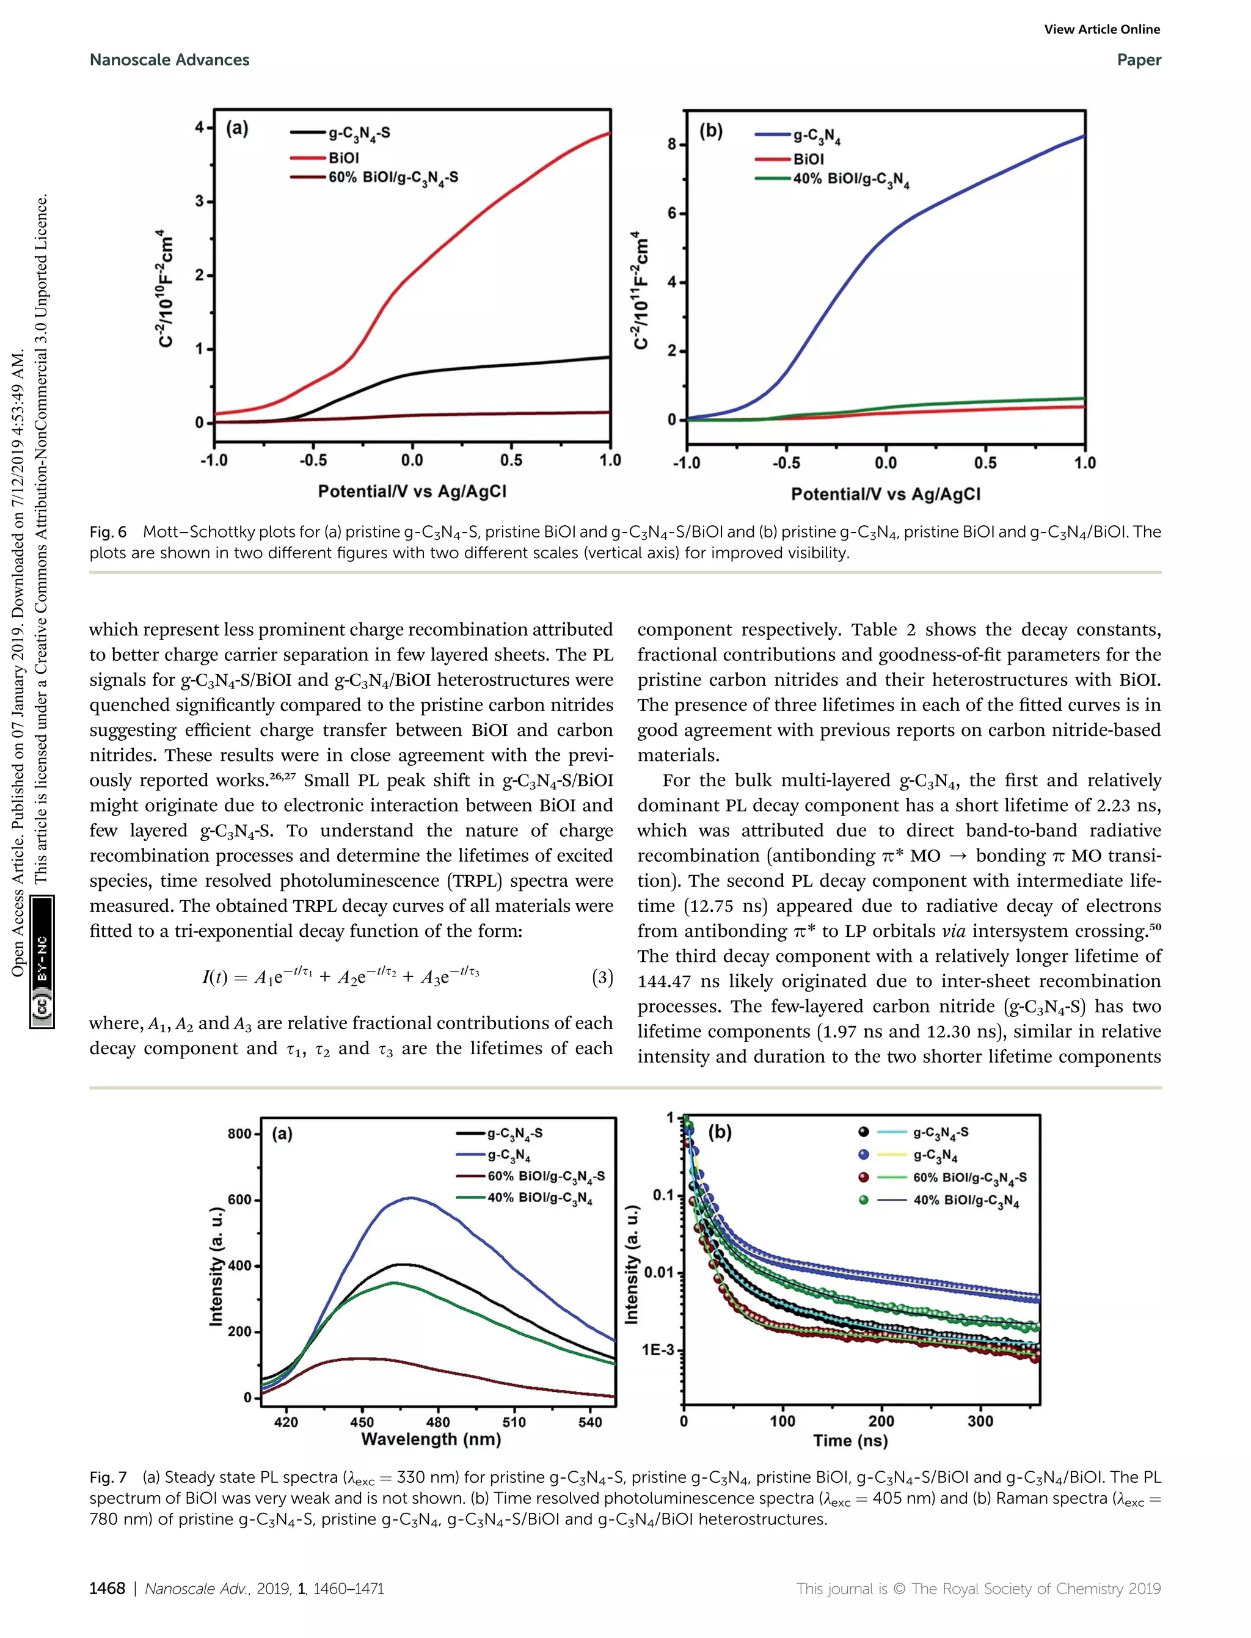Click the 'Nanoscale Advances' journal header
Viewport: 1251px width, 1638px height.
169,60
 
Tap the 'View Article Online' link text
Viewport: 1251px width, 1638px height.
1101,29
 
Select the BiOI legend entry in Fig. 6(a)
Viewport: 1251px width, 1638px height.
343,158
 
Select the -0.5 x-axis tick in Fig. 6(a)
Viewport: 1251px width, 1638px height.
313,460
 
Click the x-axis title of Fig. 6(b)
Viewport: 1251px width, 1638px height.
885,493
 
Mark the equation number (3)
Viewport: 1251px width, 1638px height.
602,977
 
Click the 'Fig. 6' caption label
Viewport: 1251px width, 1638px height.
108,531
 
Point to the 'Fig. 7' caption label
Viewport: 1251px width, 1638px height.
108,1476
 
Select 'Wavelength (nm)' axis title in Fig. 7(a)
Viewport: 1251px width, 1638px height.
431,1438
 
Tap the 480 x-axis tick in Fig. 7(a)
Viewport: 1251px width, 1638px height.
438,1421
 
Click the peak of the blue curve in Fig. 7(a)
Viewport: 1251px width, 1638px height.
410,1198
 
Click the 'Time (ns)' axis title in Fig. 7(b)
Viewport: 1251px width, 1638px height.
850,1440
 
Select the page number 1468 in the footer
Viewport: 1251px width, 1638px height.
108,1588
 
